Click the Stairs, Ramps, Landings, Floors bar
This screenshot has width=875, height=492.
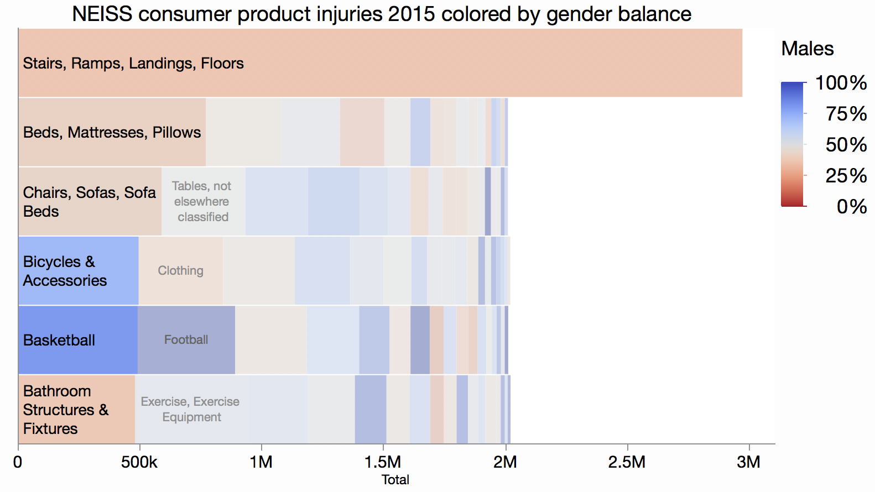point(380,63)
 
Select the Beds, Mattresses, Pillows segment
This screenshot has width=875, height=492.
point(112,132)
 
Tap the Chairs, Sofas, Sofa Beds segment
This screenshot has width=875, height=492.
point(90,202)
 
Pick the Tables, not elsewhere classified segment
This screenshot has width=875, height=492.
point(203,202)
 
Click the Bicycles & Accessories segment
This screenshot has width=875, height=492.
point(78,271)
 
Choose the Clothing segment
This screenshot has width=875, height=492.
point(181,271)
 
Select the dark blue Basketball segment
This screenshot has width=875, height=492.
point(78,340)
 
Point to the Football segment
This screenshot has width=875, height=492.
point(186,340)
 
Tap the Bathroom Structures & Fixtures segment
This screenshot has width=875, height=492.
point(76,410)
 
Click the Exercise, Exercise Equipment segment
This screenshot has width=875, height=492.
point(191,410)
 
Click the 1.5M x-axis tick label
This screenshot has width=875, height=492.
point(383,462)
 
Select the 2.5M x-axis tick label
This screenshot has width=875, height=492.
point(627,462)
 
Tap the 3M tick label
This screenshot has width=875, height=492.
point(749,462)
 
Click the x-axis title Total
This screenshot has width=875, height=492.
point(395,480)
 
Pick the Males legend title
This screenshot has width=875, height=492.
point(807,49)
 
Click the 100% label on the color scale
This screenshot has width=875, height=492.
point(841,83)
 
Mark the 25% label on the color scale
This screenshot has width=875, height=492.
point(846,176)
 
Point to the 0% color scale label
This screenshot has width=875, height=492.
point(851,207)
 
